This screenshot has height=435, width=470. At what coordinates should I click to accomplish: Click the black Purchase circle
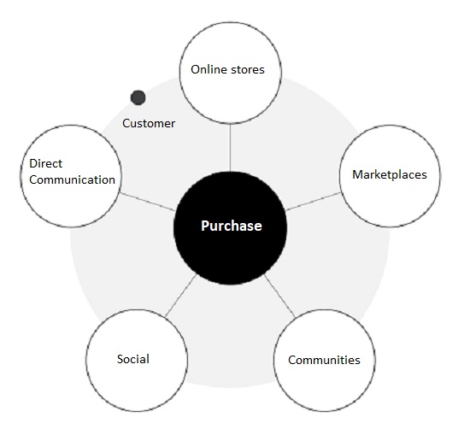(230, 228)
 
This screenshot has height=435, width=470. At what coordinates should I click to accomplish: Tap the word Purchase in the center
(232, 226)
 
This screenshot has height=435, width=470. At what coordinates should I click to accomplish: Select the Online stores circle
(230, 73)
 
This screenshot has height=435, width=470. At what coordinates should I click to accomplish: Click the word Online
(209, 69)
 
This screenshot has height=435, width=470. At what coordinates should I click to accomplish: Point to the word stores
(248, 70)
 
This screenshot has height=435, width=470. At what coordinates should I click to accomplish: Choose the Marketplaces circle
(390, 176)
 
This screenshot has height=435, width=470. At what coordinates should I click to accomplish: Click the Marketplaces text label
(390, 175)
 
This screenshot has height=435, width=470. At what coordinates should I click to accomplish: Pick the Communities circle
(325, 361)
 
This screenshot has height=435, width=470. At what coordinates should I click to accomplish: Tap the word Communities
(324, 360)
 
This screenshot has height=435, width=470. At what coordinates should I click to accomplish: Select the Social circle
(137, 361)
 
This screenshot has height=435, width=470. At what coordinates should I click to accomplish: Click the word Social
(133, 359)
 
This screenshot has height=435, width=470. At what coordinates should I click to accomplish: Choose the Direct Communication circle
(71, 176)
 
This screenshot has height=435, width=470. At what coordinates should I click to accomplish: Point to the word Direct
(46, 163)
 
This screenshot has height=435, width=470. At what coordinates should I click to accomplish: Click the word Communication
(73, 179)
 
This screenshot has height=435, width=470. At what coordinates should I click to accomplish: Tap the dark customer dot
(138, 97)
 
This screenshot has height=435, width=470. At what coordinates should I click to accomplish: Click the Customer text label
(149, 123)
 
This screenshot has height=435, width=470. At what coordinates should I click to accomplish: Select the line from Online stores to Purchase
(230, 148)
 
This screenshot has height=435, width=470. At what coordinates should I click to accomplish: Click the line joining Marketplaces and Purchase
(313, 202)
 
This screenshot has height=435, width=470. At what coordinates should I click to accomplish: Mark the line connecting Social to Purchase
(181, 296)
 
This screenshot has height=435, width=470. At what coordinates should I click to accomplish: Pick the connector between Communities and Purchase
(280, 296)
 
